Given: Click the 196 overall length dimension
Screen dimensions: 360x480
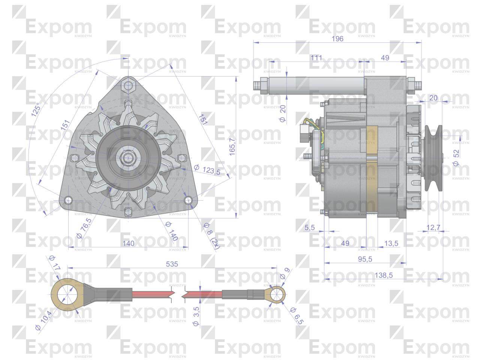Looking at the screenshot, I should click(337, 39).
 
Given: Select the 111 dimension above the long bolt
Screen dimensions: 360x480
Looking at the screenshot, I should click(316, 58).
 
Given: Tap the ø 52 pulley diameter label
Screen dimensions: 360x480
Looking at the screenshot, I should click(456, 158).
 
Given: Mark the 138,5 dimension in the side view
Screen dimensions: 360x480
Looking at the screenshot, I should click(384, 276).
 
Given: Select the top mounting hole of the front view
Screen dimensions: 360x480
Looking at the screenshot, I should click(128, 85).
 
